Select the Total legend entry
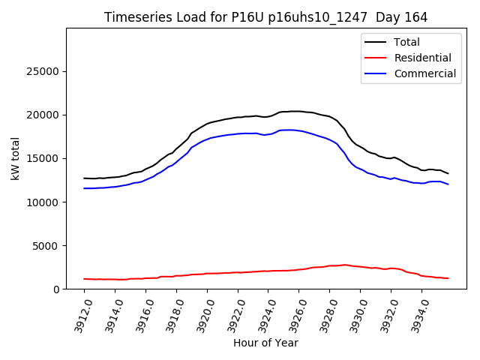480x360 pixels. (x=406, y=42)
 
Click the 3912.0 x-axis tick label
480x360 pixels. (x=79, y=315)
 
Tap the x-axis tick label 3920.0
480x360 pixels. (x=202, y=315)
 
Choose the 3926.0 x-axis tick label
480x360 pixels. (x=294, y=315)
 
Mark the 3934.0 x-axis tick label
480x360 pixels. (x=417, y=315)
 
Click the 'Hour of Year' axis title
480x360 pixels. (x=265, y=343)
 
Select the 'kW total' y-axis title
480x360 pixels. (x=15, y=158)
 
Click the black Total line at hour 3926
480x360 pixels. (x=299, y=112)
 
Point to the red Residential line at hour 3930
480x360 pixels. (x=361, y=266)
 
